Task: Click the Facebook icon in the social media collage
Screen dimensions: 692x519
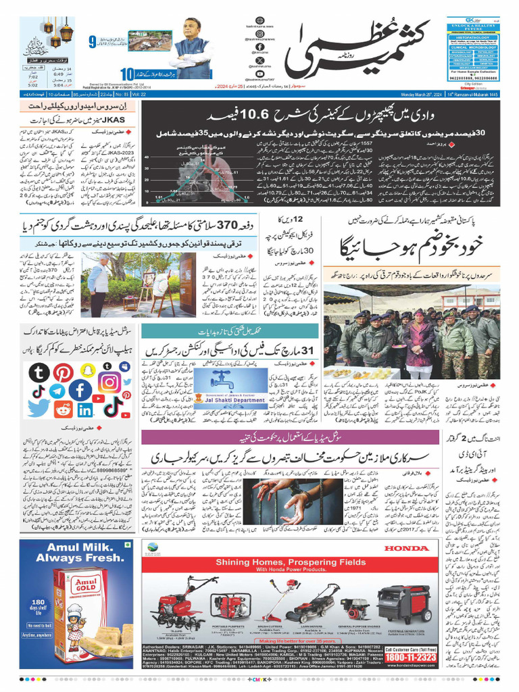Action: [80, 390]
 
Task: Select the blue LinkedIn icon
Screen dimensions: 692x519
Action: [85, 410]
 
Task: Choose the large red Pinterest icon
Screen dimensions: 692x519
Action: [64, 373]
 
